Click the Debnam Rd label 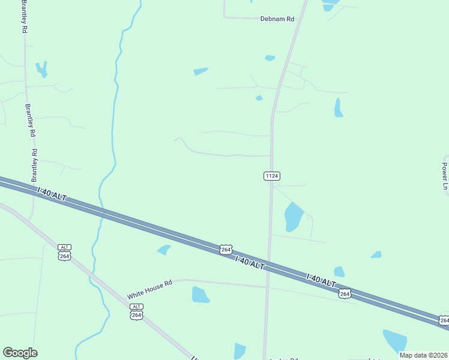click(277, 19)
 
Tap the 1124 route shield click(272, 176)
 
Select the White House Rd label click(149, 289)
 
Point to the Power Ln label click(445, 176)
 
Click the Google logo click(20, 353)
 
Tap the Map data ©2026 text click(423, 355)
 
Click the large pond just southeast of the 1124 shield click(293, 217)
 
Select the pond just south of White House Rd click(200, 295)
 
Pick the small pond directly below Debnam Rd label click(270, 58)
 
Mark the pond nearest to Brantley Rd click(41, 69)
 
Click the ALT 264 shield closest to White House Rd click(137, 312)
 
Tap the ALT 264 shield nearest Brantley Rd click(65, 253)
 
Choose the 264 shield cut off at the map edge click(444, 321)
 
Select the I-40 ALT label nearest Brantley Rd click(52, 194)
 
